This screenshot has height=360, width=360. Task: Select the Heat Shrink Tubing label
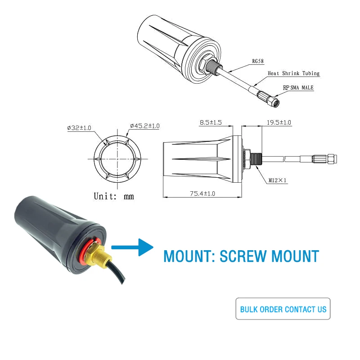point(293,73)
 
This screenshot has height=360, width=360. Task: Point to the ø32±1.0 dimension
point(79,128)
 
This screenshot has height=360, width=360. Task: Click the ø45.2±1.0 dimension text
point(144,126)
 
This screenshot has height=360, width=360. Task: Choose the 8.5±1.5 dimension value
point(211,122)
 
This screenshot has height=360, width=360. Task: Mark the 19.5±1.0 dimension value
point(279,122)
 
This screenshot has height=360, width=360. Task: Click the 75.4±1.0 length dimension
point(202,193)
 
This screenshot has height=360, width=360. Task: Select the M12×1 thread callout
point(278,180)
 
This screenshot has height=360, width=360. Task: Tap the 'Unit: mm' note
point(113,196)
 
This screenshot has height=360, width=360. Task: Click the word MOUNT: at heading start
point(189,256)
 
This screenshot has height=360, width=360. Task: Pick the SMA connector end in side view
point(331,158)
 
